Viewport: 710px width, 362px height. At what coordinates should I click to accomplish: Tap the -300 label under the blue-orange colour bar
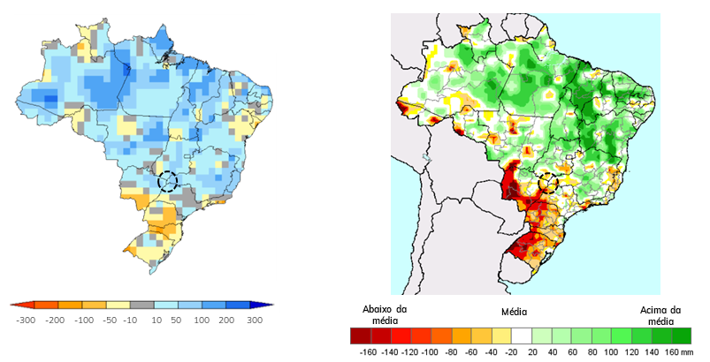click(x=26, y=321)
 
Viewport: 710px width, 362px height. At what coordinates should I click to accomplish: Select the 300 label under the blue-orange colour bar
click(x=255, y=321)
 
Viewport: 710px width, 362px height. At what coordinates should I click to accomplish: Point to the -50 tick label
click(x=110, y=321)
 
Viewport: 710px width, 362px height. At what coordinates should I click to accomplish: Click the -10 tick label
click(x=130, y=321)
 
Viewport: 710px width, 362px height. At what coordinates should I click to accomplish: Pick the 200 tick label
click(x=227, y=321)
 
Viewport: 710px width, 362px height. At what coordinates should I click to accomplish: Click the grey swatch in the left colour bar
click(x=142, y=305)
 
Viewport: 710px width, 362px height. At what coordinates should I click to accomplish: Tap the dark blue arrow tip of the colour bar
click(x=271, y=305)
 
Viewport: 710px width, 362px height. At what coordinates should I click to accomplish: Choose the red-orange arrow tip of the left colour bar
click(x=12, y=305)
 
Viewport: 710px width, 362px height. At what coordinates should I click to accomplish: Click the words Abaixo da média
click(x=385, y=315)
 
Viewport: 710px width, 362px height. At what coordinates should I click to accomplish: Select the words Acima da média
click(x=660, y=316)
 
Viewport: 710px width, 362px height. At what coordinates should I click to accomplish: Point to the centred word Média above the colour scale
click(x=514, y=312)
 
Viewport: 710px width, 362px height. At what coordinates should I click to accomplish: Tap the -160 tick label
click(x=368, y=352)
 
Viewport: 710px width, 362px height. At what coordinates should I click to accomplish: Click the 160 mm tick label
click(x=677, y=352)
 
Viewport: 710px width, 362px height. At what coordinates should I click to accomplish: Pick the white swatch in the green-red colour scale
click(x=521, y=336)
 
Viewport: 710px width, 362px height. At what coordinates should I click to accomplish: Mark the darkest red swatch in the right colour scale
click(x=361, y=336)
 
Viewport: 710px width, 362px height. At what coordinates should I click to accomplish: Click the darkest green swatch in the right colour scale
click(x=682, y=336)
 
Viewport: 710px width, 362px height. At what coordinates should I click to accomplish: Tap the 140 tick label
click(x=652, y=352)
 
